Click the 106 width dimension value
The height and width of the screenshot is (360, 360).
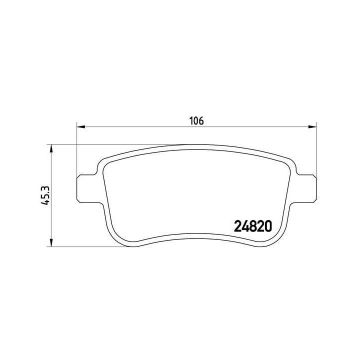point(196,121)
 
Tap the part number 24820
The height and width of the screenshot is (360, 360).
point(253,226)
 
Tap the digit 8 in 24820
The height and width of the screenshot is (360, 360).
point(253,226)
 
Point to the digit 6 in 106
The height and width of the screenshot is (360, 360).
point(201,121)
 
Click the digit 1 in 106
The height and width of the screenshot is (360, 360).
point(190,121)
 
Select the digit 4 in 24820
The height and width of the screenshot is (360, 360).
point(245,226)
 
